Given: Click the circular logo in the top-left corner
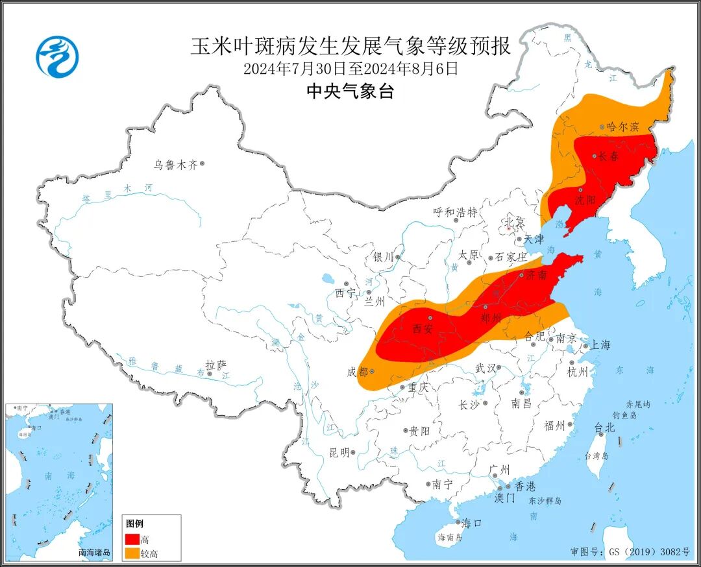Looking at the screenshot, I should click(56, 56).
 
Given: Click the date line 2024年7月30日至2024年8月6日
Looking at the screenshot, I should click(350, 68).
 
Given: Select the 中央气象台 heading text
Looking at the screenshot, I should click(350, 91).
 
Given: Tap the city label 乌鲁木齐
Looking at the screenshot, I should click(175, 165).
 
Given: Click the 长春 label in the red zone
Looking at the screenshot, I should click(609, 156).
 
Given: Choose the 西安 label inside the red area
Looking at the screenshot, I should click(423, 329).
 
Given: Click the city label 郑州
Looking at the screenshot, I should click(491, 318).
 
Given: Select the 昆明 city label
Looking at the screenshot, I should click(339, 452).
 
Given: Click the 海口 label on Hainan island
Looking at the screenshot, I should click(470, 523).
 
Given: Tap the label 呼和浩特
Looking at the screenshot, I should click(455, 212).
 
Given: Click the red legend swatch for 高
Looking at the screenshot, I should click(132, 539).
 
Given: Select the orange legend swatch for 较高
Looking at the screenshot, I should click(132, 553).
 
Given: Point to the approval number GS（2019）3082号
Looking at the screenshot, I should click(629, 551).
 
